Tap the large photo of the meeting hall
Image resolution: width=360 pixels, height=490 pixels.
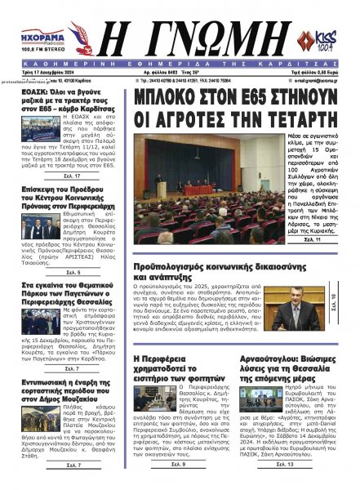point(207,189)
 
